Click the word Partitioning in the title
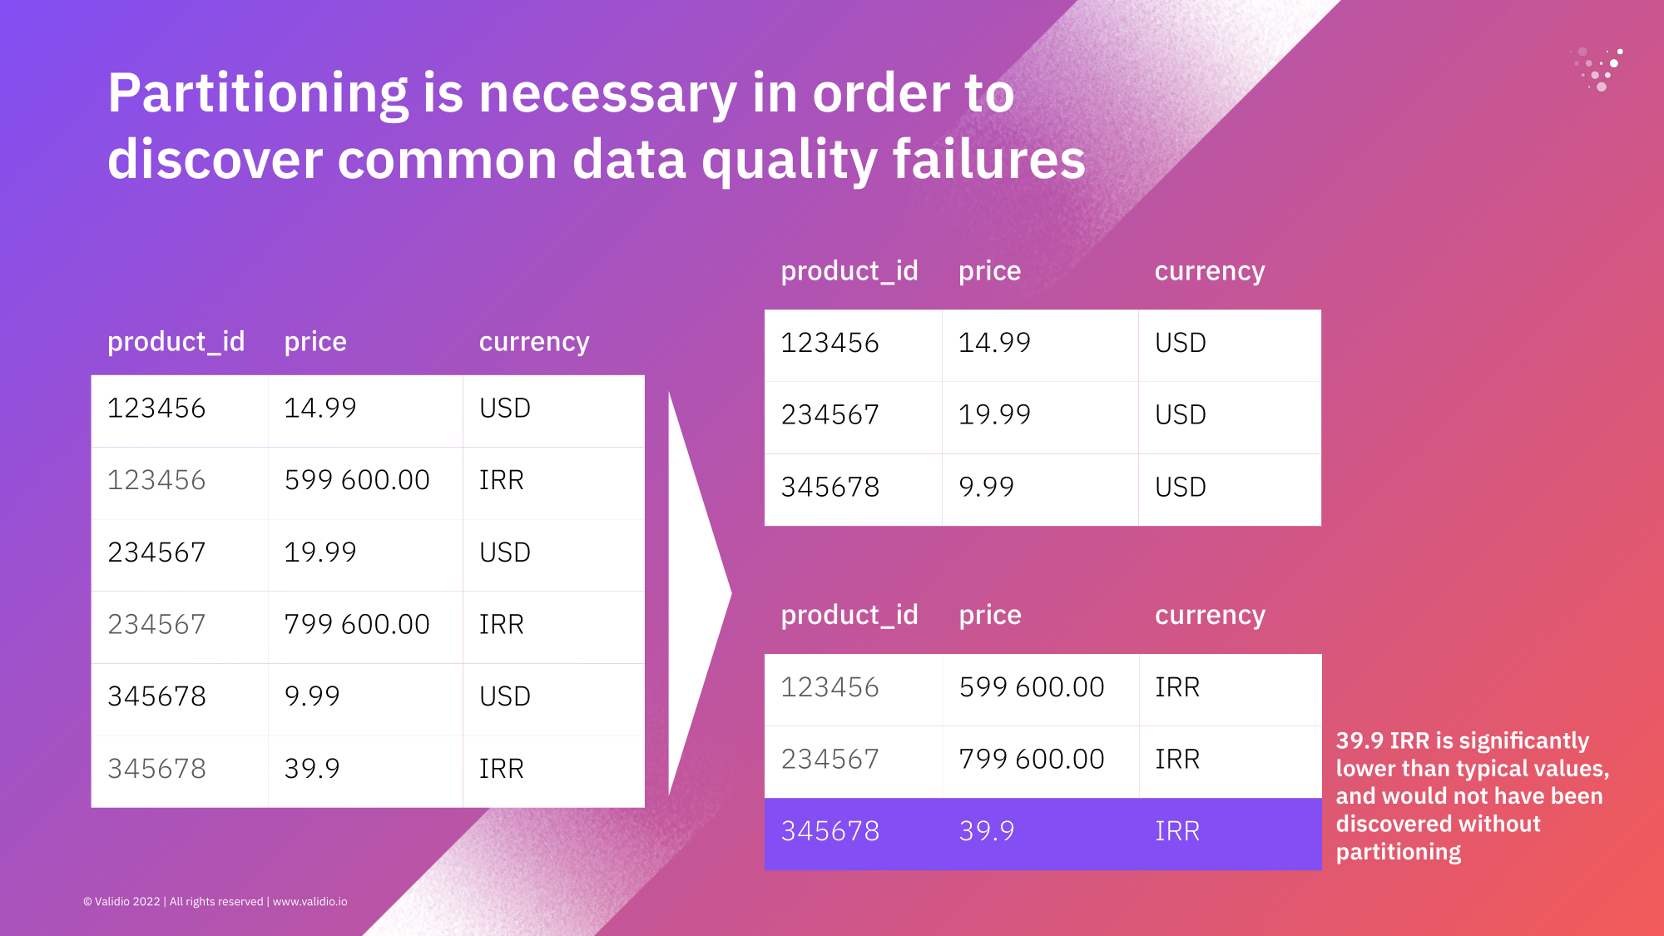258,94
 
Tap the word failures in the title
989,159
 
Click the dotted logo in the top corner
1597,68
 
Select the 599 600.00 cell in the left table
357,480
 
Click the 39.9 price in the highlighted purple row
987,831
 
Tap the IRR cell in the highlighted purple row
1177,831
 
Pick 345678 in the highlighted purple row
830,831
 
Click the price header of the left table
315,342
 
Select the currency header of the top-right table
1210,271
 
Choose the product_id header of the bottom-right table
849,615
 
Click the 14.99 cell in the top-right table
994,343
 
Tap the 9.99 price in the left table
312,696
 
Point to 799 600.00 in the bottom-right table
1032,759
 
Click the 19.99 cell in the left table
320,552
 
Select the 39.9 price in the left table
312,769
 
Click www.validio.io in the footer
310,902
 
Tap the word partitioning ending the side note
1399,853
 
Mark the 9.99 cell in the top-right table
987,487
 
